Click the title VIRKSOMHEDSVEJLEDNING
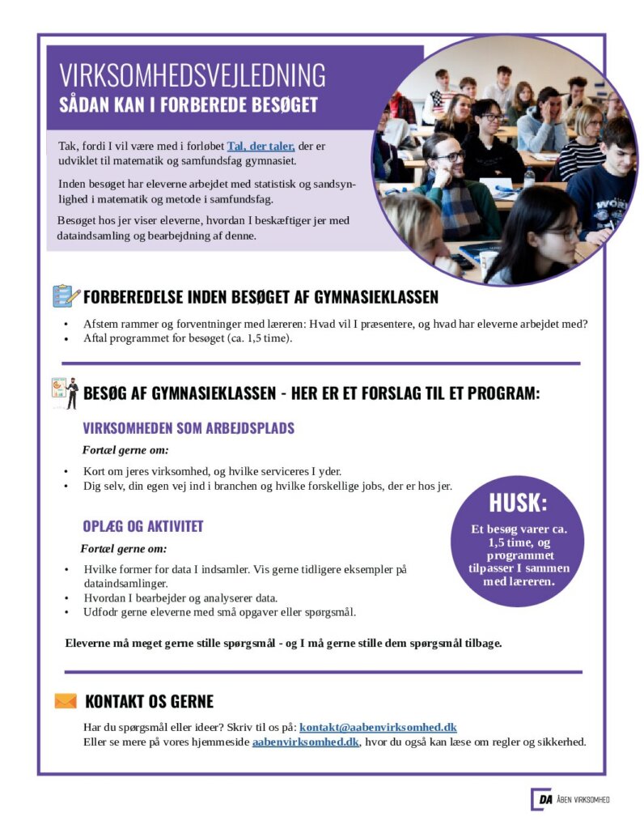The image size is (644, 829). pyautogui.click(x=192, y=75)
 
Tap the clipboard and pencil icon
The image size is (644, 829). pyautogui.click(x=66, y=295)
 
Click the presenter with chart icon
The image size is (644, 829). pyautogui.click(x=66, y=393)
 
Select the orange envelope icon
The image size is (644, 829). pyautogui.click(x=66, y=701)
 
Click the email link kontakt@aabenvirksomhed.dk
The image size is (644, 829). pyautogui.click(x=378, y=728)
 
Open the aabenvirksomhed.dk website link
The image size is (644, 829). pyautogui.click(x=305, y=742)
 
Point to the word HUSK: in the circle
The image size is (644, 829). pyautogui.click(x=518, y=503)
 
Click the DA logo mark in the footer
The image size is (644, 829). pyautogui.click(x=541, y=800)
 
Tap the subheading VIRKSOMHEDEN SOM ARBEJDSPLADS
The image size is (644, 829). pyautogui.click(x=189, y=428)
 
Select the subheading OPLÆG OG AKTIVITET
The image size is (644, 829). pyautogui.click(x=142, y=526)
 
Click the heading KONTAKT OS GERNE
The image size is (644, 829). pyautogui.click(x=150, y=701)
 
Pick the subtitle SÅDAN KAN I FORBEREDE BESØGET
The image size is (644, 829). pyautogui.click(x=188, y=106)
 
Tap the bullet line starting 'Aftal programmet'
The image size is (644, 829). pyautogui.click(x=188, y=338)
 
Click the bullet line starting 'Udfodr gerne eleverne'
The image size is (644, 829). pyautogui.click(x=219, y=611)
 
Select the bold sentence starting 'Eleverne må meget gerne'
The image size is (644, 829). pyautogui.click(x=283, y=644)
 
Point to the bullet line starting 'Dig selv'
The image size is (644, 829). pyautogui.click(x=267, y=486)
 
